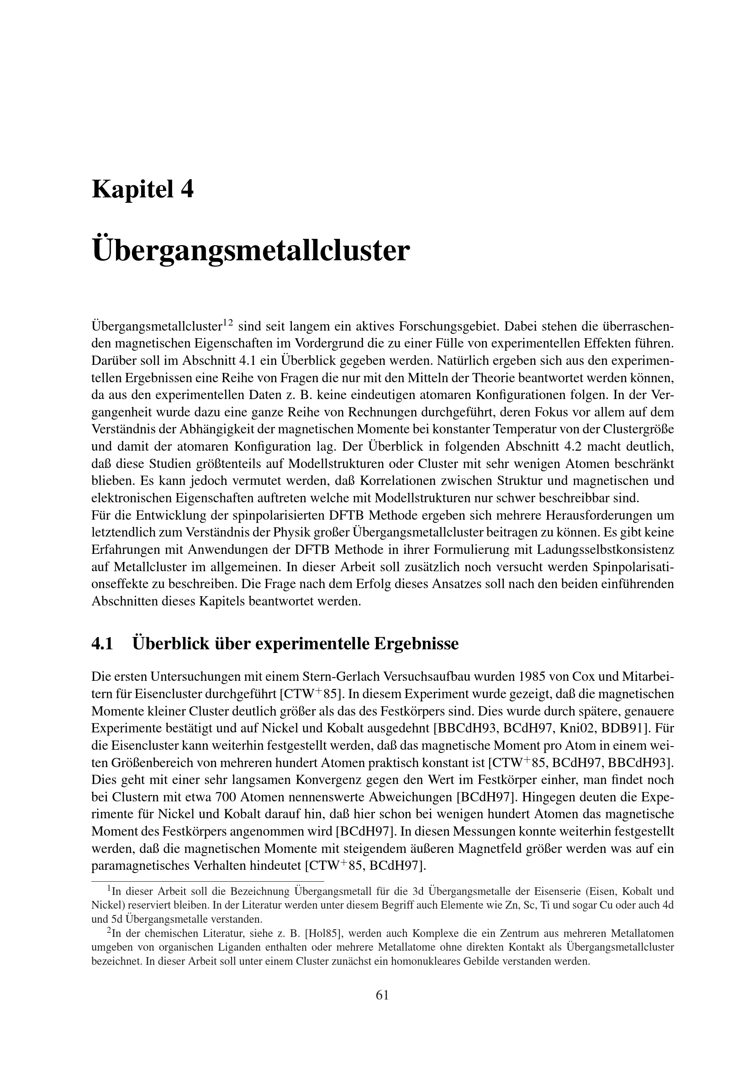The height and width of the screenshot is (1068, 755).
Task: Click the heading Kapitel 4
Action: [x=143, y=189]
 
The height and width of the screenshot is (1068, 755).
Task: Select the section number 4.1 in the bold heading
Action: [x=102, y=644]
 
